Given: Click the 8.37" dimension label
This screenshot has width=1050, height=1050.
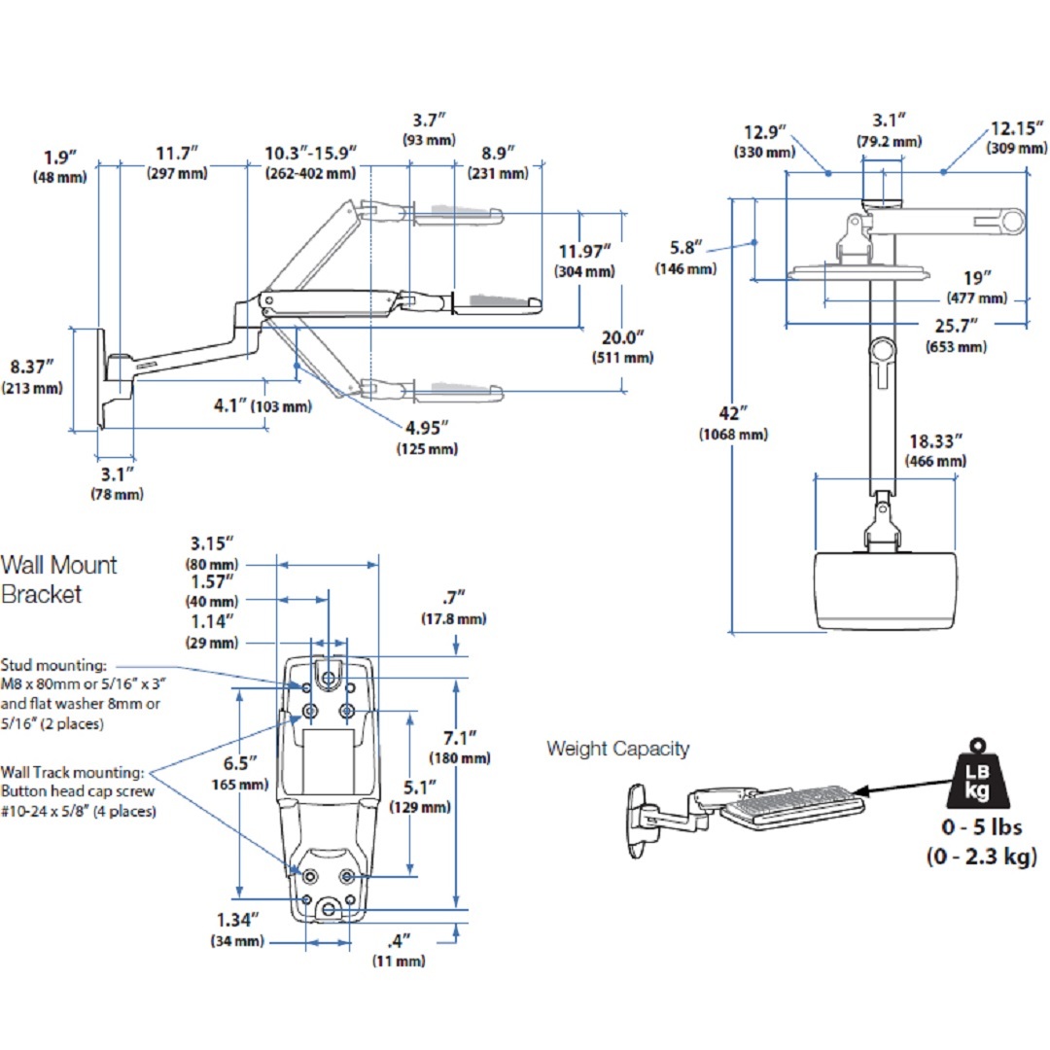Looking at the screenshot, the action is pyautogui.click(x=31, y=367).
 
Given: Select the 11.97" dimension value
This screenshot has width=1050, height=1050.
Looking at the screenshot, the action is pyautogui.click(x=584, y=252).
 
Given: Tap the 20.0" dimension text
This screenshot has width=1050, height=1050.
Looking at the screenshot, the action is pyautogui.click(x=622, y=337).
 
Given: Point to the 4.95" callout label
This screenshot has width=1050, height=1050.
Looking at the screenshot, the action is pyautogui.click(x=427, y=428).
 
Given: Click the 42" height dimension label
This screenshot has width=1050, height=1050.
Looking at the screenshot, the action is pyautogui.click(x=733, y=414).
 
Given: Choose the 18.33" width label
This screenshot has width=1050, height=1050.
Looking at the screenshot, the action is pyautogui.click(x=935, y=442).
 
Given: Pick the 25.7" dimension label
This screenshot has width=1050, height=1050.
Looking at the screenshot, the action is pyautogui.click(x=957, y=326).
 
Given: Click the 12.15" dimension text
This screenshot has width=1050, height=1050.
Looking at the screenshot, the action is pyautogui.click(x=1017, y=128).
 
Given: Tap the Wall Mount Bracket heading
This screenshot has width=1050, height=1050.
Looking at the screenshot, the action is pyautogui.click(x=58, y=579).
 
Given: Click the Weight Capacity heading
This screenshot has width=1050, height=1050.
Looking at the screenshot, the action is pyautogui.click(x=617, y=749).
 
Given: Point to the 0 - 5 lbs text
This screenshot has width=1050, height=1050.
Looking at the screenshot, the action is pyautogui.click(x=982, y=827).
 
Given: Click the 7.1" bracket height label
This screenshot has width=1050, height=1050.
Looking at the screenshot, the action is pyautogui.click(x=459, y=738).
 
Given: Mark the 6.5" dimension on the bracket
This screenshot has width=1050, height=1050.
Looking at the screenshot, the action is pyautogui.click(x=240, y=763).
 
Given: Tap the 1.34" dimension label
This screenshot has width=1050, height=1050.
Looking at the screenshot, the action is pyautogui.click(x=237, y=920).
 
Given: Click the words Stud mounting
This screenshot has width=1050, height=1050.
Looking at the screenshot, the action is pyautogui.click(x=53, y=665).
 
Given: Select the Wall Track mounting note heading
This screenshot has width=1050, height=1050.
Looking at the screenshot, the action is pyautogui.click(x=72, y=772).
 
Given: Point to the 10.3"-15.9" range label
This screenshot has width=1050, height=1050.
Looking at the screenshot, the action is pyautogui.click(x=310, y=154).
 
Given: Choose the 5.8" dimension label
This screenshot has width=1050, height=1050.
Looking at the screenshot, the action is pyautogui.click(x=685, y=248).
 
